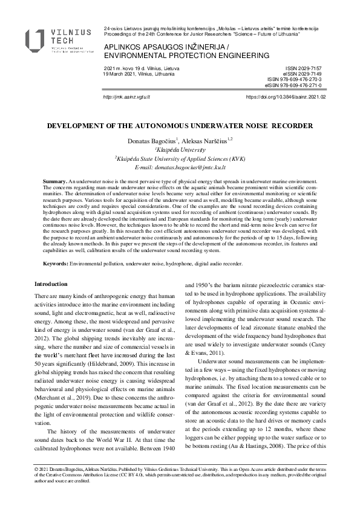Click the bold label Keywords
[56, 264]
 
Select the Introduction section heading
[51, 284]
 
